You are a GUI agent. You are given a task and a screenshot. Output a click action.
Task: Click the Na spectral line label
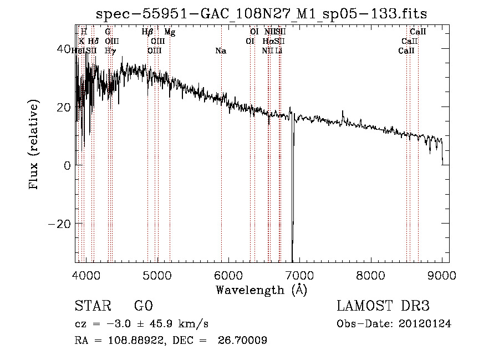(221, 51)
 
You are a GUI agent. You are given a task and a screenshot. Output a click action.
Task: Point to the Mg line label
(170, 32)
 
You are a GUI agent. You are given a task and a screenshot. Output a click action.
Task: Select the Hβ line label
(147, 32)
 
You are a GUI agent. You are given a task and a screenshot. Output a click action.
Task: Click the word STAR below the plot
(92, 306)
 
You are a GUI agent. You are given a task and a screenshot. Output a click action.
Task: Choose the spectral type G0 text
(143, 306)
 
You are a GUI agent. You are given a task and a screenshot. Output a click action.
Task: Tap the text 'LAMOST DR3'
(383, 306)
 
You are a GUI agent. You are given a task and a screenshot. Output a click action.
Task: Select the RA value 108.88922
(134, 341)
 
